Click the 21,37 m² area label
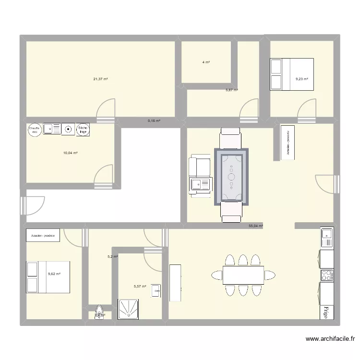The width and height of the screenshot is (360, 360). coord(100,79)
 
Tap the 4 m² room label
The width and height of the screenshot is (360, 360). coord(206,62)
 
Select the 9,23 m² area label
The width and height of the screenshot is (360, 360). coord(301,79)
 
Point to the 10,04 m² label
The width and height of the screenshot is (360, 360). coord(71,153)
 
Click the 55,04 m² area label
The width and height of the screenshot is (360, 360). coord(255,225)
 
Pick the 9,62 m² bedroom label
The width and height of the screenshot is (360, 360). coord(54,274)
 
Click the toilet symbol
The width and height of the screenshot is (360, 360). coord(99,312)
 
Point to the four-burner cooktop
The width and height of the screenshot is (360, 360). coord(327,275)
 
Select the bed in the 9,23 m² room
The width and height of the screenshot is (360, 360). coord(292,74)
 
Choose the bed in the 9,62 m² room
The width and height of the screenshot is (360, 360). coord(48,277)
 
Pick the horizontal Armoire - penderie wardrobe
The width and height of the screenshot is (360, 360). coord(43,236)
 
